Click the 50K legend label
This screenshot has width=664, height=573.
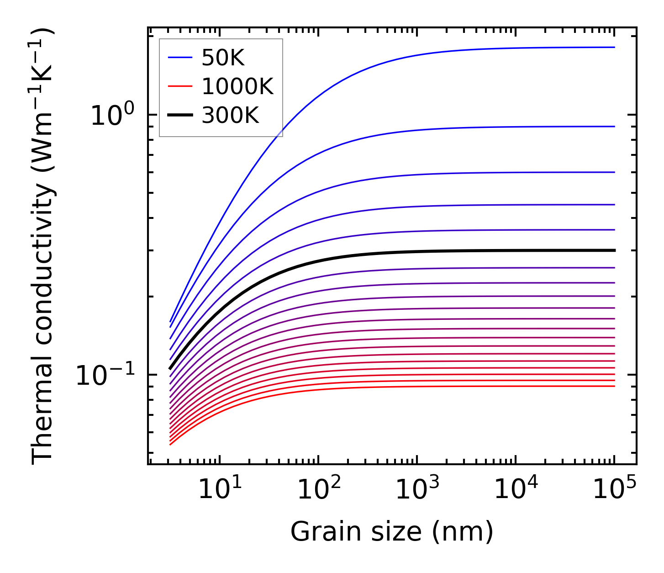click(x=223, y=58)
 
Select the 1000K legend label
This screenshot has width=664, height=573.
click(x=237, y=87)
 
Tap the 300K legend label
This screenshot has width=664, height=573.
click(x=230, y=116)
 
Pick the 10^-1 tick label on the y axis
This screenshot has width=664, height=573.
click(x=105, y=376)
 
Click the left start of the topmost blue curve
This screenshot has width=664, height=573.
click(x=170, y=322)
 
